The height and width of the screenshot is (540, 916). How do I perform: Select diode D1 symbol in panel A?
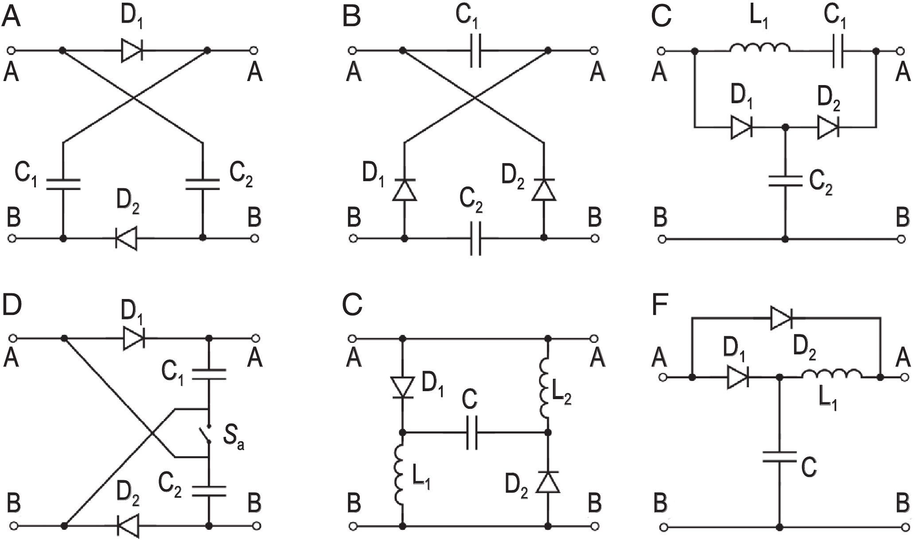pos(132,51)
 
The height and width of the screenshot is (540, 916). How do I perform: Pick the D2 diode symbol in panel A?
pos(126,239)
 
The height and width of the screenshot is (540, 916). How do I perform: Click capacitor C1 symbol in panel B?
pos(474,51)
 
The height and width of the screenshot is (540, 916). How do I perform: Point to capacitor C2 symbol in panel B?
pos(474,239)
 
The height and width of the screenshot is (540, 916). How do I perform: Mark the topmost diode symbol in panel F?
pos(781,318)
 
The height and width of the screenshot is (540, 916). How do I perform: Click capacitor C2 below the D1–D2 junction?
pos(785,180)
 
